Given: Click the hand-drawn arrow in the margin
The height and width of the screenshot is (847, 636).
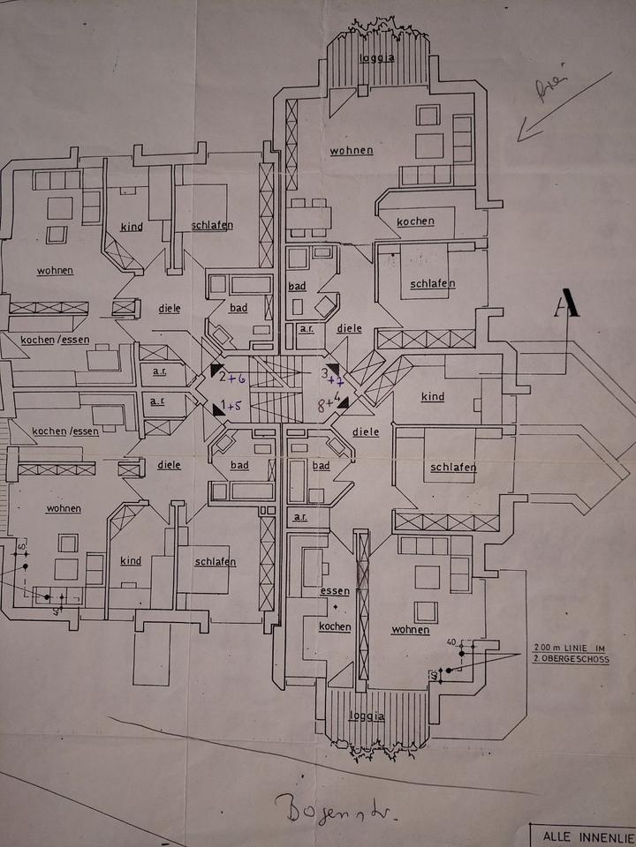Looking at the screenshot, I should (563, 108).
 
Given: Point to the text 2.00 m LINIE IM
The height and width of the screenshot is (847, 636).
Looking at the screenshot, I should (572, 647).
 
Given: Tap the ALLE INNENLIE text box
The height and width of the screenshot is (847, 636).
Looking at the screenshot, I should (583, 836).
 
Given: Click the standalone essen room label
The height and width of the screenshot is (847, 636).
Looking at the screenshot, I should (336, 591).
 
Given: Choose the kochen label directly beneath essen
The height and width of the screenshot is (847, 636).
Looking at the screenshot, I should (336, 627).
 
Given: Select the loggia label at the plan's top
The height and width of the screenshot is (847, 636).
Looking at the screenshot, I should (376, 58).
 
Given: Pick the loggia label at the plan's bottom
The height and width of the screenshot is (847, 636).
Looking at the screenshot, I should (367, 716).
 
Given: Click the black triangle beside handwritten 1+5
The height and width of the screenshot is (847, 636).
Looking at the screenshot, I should (217, 410).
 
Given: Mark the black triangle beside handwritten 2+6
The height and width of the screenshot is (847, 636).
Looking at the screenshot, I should (216, 373).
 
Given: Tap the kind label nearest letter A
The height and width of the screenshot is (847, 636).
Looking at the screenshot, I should (433, 397).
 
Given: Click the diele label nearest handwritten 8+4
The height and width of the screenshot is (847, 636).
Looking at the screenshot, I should (365, 432).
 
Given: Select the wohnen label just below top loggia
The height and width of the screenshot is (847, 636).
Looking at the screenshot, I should (352, 150).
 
